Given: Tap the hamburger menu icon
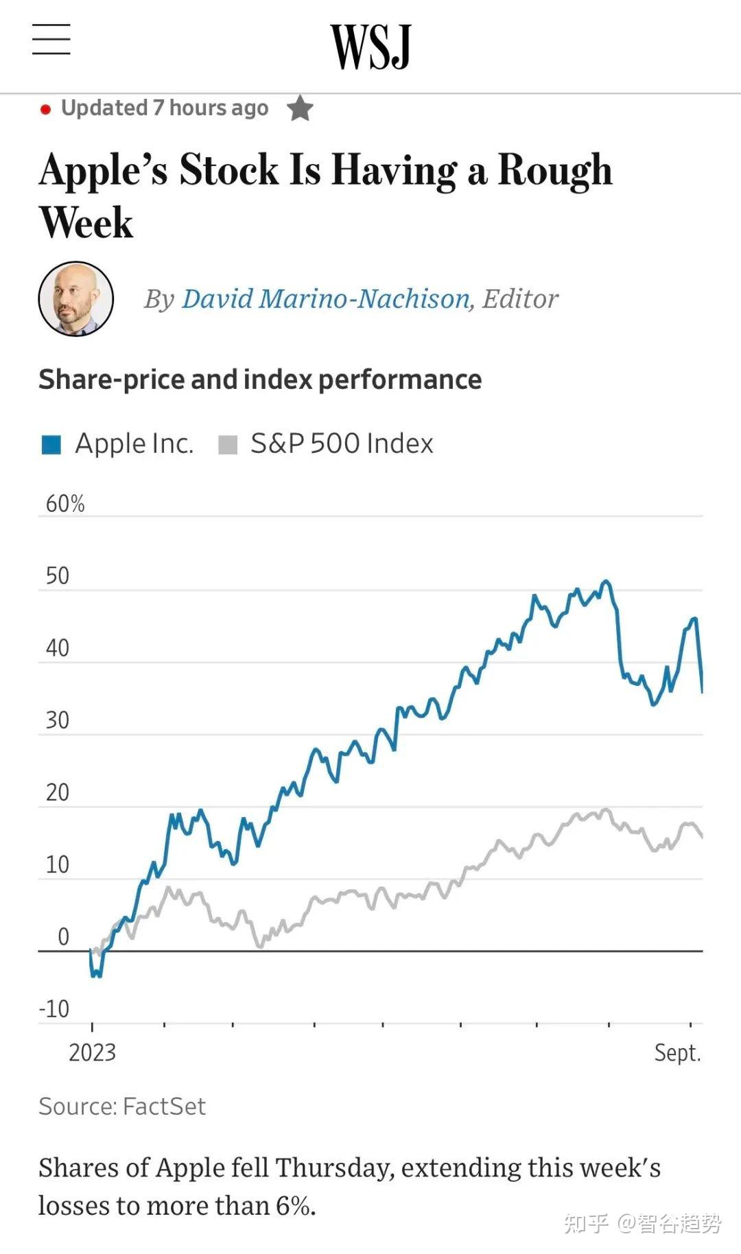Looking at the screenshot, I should [x=51, y=39].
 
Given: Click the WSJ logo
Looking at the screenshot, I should [x=370, y=46].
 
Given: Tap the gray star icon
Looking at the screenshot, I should [x=300, y=108].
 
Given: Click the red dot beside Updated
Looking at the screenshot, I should [x=45, y=109].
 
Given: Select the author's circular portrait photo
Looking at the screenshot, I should [x=76, y=298].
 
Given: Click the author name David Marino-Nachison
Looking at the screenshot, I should [x=326, y=299].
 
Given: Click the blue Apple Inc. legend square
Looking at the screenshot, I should [x=51, y=445].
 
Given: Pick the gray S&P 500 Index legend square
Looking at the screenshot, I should [x=227, y=445].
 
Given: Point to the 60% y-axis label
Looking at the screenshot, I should [x=65, y=504].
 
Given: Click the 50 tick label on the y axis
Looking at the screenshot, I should [x=58, y=576].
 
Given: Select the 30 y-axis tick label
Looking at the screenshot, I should [x=58, y=720].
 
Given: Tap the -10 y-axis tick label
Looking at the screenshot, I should [x=55, y=1009].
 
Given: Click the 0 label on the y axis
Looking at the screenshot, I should [x=63, y=936].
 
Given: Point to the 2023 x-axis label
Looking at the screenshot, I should [x=92, y=1052].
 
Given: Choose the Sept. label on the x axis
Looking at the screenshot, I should [x=677, y=1052].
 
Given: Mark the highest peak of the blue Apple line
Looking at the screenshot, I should [x=605, y=582].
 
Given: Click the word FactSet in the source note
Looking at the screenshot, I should [x=165, y=1107].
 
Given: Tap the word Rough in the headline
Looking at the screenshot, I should [x=554, y=170].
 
